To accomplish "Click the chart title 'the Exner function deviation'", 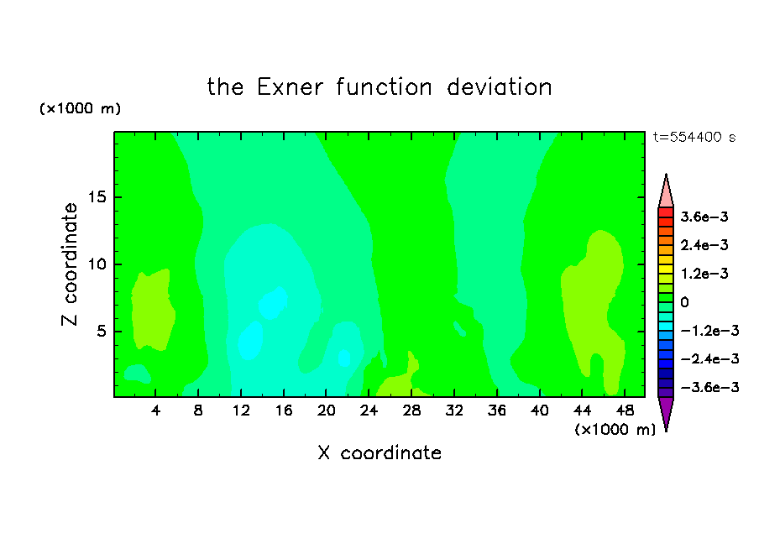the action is [379, 87].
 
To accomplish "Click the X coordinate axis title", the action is [379, 452].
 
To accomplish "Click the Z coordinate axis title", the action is [69, 264].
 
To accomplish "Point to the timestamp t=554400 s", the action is [694, 137].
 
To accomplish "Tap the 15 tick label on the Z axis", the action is [97, 197].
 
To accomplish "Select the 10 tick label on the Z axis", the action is [97, 264].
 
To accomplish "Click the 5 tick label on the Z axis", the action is [101, 331].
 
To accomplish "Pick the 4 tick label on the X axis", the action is [155, 410].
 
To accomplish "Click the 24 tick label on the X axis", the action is [369, 410].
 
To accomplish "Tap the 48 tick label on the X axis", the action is [625, 410].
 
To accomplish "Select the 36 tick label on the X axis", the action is [497, 410].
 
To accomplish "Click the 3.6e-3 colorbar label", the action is [704, 217].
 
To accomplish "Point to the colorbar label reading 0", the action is [684, 302].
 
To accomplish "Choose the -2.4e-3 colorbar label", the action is [709, 358].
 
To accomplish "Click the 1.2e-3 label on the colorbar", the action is [704, 274].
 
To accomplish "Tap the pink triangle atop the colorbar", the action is [666, 194].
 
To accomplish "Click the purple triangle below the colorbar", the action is [666, 411].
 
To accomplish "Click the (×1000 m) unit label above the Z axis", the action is [80, 108].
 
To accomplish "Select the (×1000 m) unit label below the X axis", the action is [615, 430].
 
